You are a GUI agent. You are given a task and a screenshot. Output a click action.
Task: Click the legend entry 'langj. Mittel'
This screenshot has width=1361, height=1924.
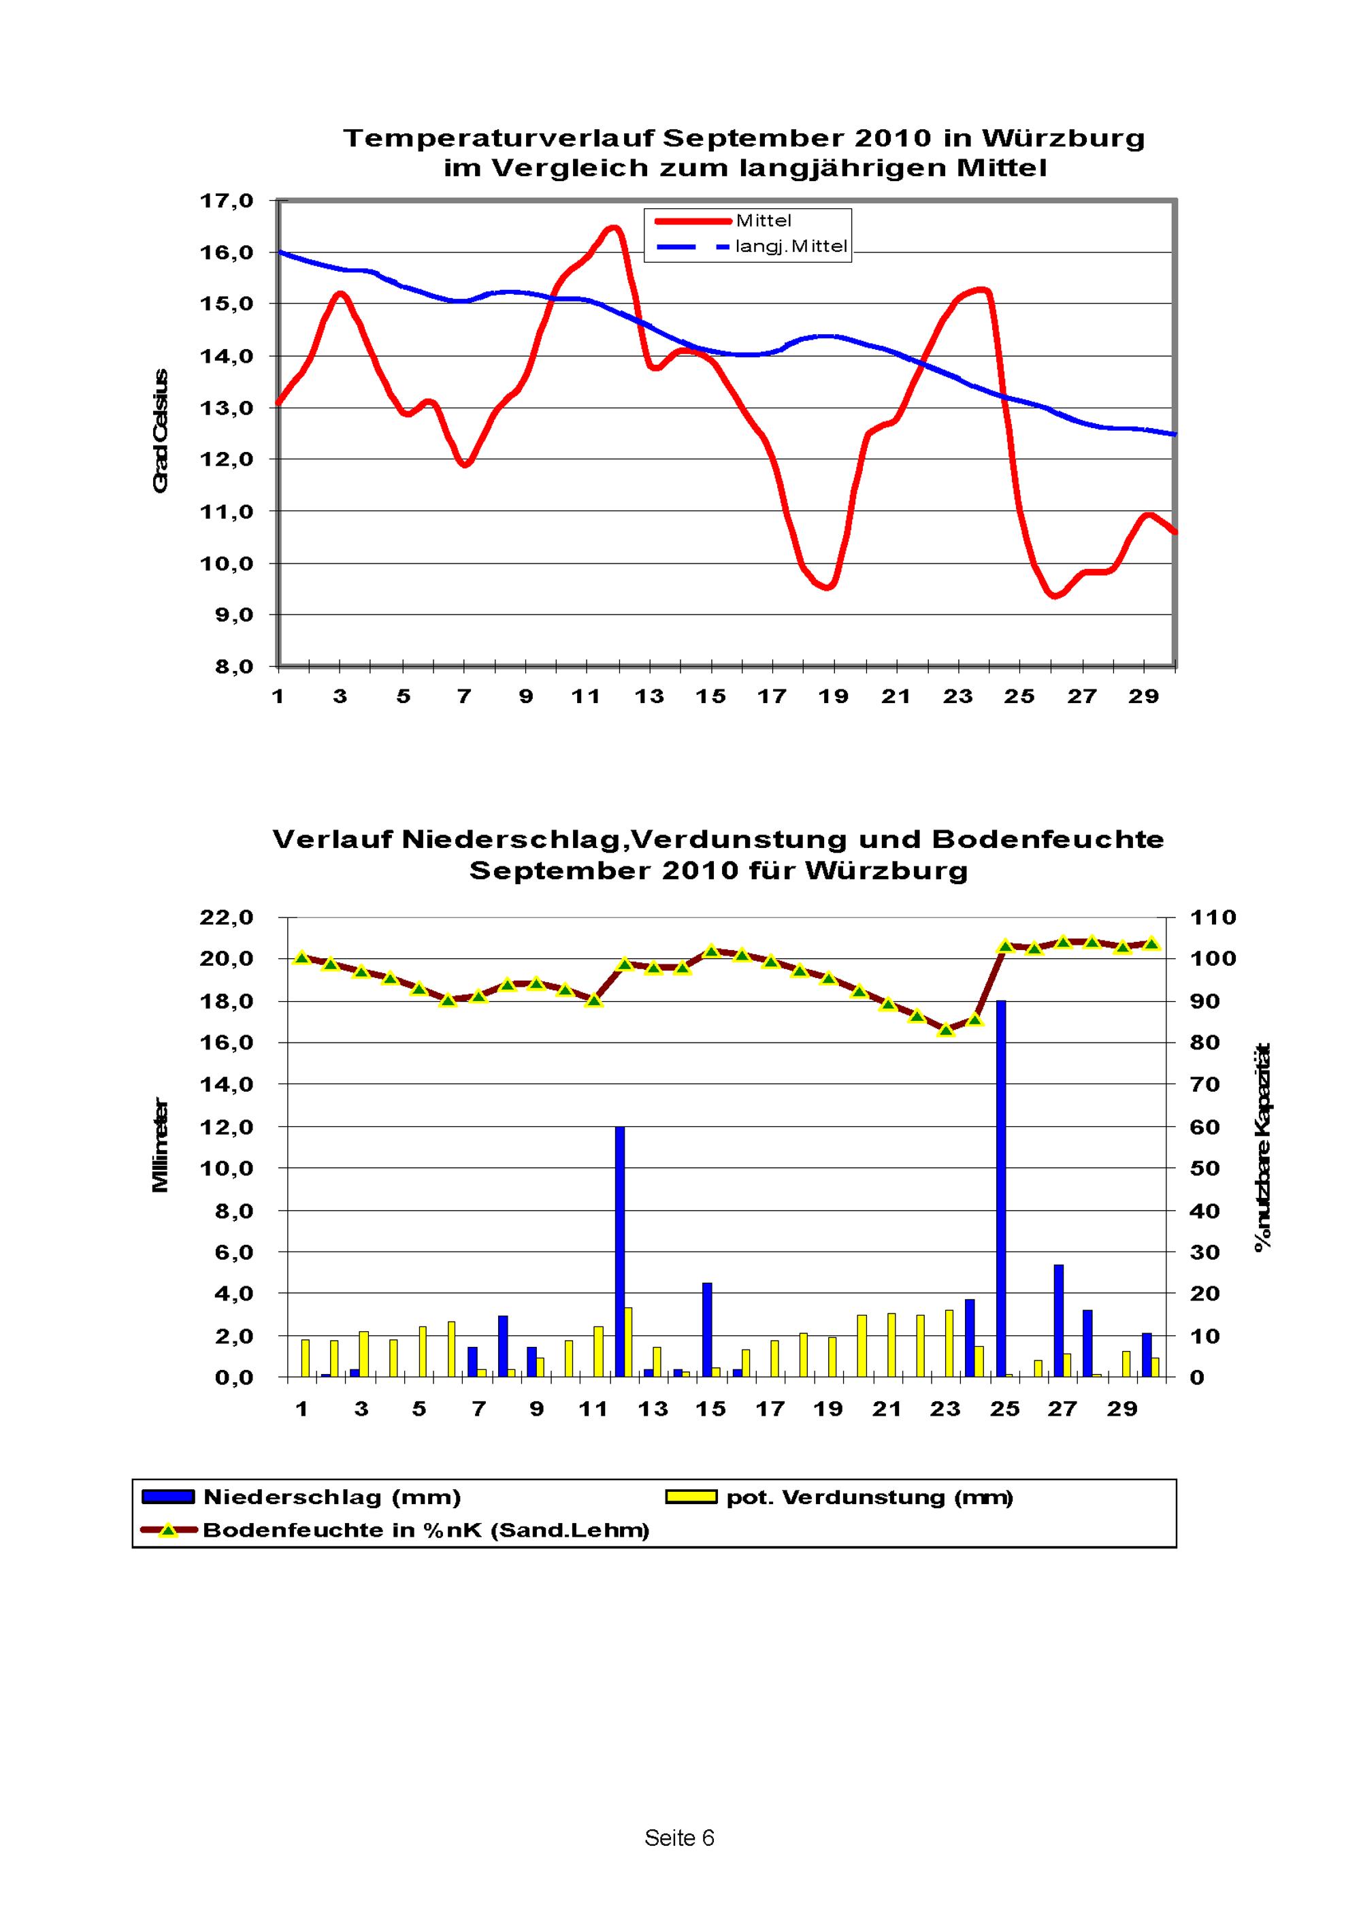coord(791,247)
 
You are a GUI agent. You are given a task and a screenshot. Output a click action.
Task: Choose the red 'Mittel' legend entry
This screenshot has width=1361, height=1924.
coord(763,221)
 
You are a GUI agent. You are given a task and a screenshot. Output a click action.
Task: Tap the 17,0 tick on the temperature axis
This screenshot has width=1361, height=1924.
coord(227,201)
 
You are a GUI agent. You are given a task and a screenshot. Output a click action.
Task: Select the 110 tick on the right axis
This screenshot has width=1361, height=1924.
coord(1213,917)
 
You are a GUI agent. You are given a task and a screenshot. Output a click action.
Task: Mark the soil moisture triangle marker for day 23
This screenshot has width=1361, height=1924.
coord(946,1030)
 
